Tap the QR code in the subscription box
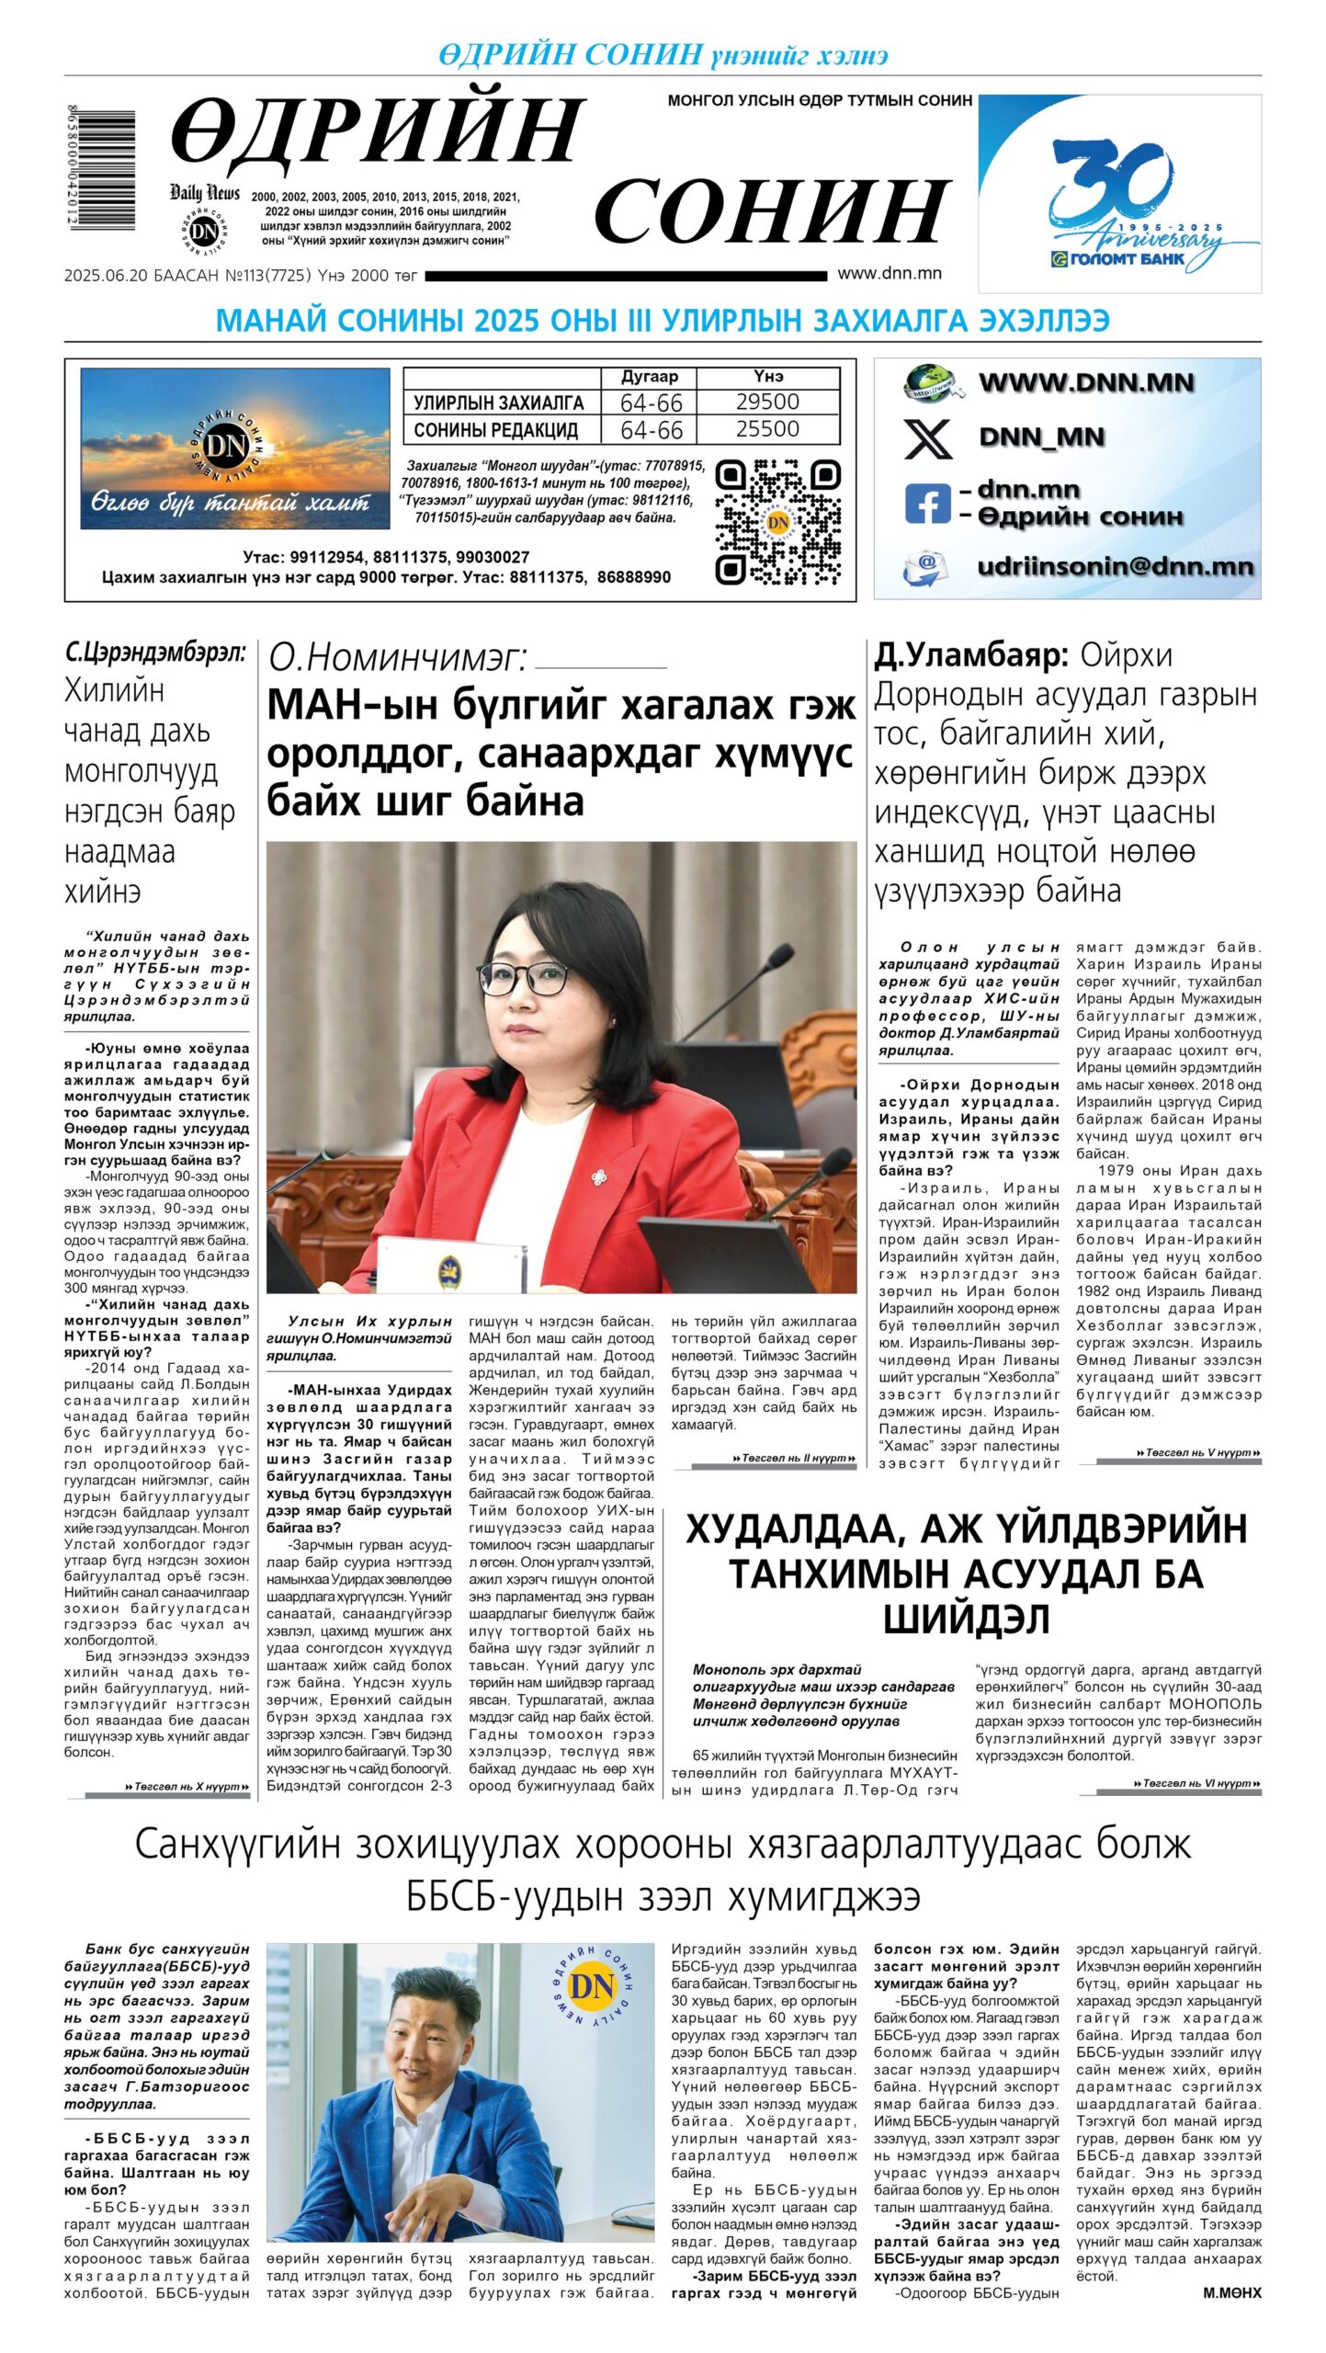[777, 521]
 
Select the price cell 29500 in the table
[767, 402]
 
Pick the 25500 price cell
[767, 429]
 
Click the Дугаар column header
[649, 377]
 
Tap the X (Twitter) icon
[928, 438]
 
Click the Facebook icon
[927, 504]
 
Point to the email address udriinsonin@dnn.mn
[1115, 566]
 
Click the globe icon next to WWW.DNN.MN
[930, 382]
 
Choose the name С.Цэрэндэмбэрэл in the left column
[155, 654]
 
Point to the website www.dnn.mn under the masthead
[889, 273]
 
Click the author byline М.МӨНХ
[1231, 2293]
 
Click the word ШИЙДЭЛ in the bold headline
[966, 1620]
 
